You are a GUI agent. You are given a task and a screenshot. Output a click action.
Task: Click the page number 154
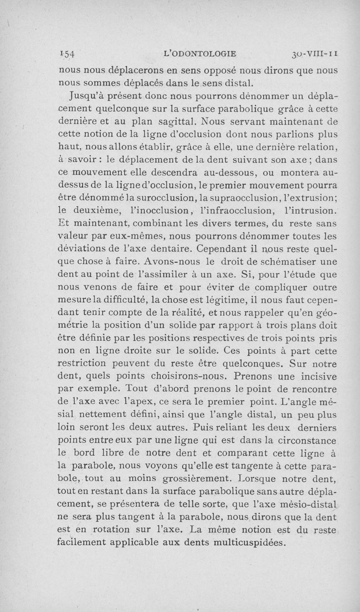(x=68, y=54)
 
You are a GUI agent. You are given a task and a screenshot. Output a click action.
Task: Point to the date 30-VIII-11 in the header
(x=315, y=54)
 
